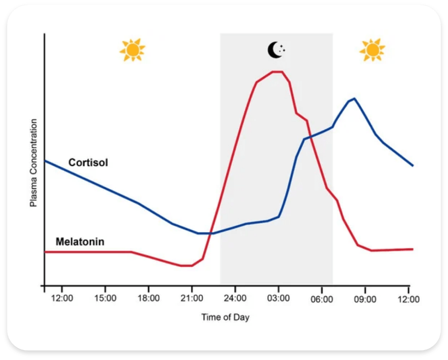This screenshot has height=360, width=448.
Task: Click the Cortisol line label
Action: [88, 163]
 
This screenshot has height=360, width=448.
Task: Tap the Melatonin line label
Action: [80, 242]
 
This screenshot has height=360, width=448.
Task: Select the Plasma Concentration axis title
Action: [33, 163]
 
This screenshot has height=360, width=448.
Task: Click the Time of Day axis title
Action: [225, 317]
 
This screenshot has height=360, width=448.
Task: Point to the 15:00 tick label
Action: [105, 298]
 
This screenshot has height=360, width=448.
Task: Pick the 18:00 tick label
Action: [148, 298]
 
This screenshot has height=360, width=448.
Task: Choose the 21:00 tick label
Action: [192, 298]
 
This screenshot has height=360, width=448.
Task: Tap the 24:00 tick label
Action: [235, 298]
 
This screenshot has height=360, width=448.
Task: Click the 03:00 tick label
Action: [278, 298]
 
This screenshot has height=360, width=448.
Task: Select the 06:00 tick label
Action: [322, 298]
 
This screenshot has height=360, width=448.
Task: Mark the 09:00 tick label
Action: [365, 298]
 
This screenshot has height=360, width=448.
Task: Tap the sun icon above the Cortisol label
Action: [132, 50]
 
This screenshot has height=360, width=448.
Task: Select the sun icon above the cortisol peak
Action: [372, 50]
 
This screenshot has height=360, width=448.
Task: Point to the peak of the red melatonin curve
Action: [277, 72]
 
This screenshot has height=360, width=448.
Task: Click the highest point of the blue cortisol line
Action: [354, 98]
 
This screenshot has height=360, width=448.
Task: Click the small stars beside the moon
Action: [283, 49]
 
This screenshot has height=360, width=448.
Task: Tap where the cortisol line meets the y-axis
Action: [45, 160]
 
